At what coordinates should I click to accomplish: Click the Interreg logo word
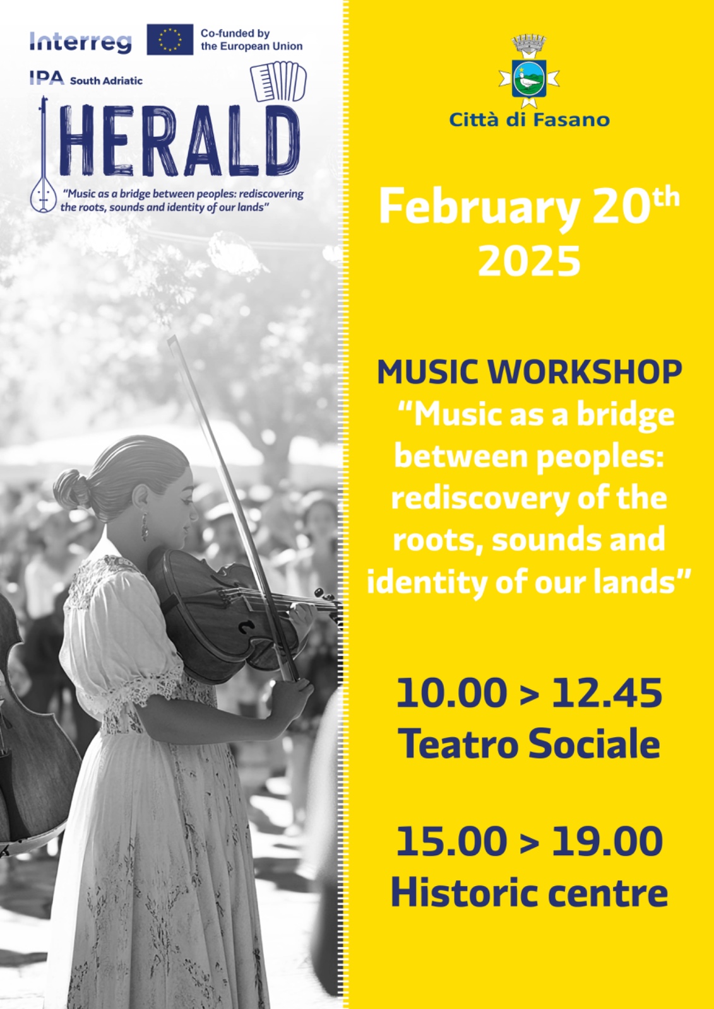(80, 42)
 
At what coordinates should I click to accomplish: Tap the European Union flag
(170, 40)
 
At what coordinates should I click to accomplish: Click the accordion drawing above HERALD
(278, 81)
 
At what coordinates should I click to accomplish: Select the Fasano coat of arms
(528, 71)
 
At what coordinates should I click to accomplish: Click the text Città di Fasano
(529, 120)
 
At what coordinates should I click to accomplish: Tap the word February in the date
(479, 207)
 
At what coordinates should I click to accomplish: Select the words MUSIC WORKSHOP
(529, 372)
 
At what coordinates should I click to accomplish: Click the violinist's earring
(145, 526)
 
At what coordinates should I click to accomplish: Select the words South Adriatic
(106, 81)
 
